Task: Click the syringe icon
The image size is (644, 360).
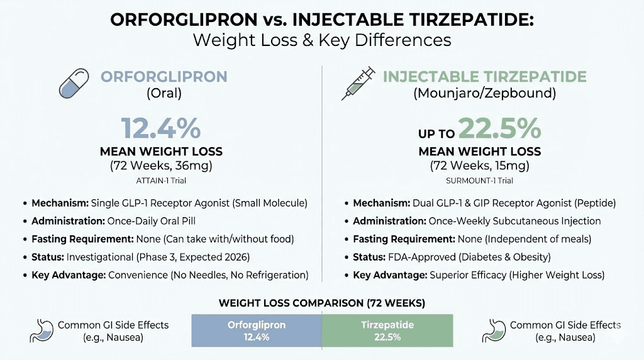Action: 358,84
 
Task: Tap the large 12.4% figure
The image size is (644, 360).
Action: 161,128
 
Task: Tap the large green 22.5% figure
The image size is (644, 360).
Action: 499,128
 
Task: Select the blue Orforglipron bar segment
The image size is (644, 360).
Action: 257,330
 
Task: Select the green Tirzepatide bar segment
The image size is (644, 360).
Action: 387,330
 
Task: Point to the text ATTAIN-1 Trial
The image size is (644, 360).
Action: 161,180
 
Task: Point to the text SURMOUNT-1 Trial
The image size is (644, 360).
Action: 479,180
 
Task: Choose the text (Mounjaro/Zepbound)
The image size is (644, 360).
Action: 479,94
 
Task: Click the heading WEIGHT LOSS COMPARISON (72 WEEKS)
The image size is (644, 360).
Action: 321,303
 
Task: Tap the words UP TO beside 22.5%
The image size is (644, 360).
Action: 436,133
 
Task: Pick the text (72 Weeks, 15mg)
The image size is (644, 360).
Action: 479,166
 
